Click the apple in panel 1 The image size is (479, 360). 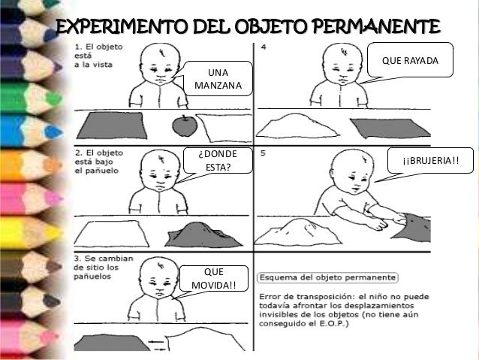pos(185,126)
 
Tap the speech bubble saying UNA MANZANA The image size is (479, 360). pos(218,79)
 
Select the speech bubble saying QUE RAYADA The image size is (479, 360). pos(409,60)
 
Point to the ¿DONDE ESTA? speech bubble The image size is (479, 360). pos(218,161)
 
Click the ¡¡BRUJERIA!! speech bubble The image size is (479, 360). pos(430,161)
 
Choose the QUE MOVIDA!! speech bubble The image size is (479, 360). pos(213,278)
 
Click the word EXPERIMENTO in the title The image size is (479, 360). pos(122,26)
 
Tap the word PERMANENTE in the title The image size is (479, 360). pos(376,26)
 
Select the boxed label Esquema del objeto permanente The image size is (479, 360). pos(327,277)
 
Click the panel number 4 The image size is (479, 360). pos(264,47)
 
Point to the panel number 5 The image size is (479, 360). pos(263,153)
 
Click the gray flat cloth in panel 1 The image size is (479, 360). pos(112,126)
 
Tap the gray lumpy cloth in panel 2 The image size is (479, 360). pos(203,234)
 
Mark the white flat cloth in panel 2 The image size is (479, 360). pos(112,234)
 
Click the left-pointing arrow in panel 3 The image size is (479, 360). pos(156,341)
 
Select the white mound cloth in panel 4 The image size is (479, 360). pos(297,126)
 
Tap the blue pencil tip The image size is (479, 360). pos(54,132)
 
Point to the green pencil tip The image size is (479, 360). pos(54,98)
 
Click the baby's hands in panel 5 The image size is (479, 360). pos(389,222)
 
